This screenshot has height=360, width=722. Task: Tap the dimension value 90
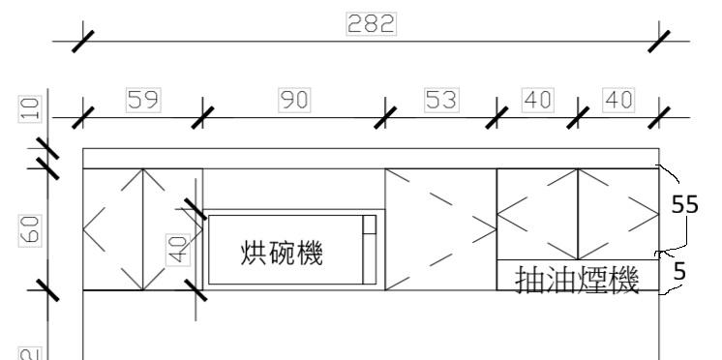[295, 99]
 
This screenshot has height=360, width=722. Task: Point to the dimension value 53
[442, 99]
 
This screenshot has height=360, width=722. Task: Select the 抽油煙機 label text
[578, 282]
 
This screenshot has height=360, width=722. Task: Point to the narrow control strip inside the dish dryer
[368, 250]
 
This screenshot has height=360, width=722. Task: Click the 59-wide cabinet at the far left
[142, 229]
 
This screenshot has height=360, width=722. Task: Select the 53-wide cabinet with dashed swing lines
[440, 229]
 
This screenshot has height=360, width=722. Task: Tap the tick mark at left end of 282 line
[83, 42]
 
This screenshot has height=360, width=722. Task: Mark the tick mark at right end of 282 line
[659, 42]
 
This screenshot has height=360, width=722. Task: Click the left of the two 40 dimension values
[537, 99]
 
